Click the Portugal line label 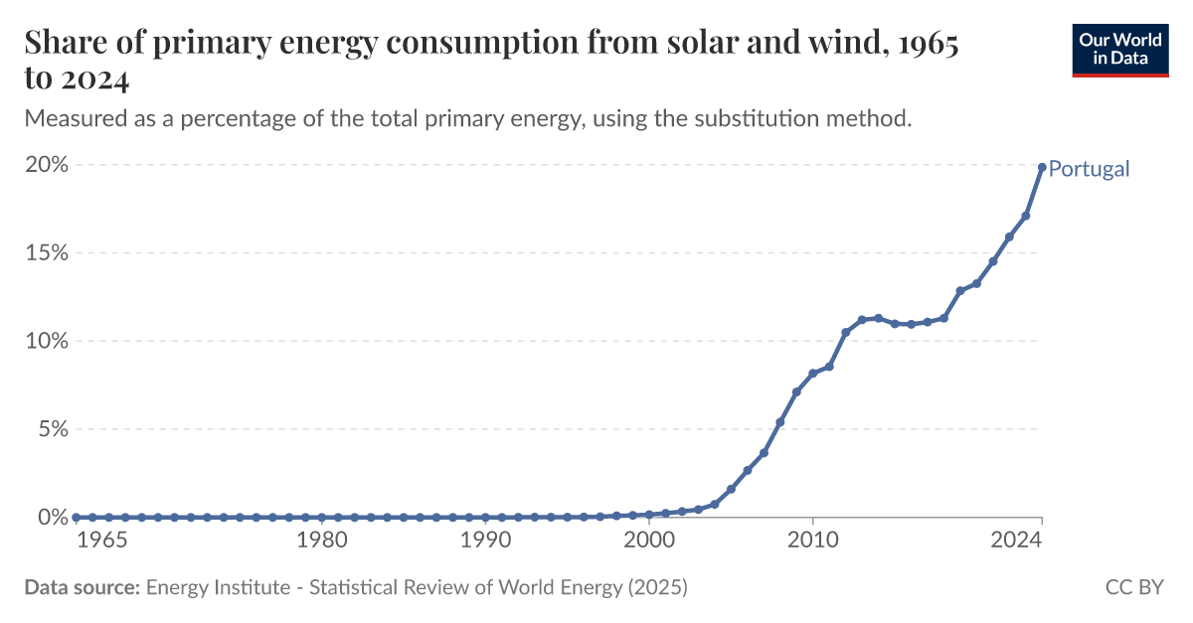tap(1089, 169)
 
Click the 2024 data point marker tap(1042, 167)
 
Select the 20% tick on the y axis tap(47, 165)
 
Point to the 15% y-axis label tap(47, 252)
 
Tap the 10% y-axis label tap(47, 341)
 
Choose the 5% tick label tap(52, 429)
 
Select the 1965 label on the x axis tap(101, 541)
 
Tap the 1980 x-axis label tap(321, 541)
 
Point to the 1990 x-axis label tap(484, 541)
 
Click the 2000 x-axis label tap(648, 541)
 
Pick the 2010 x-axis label tap(812, 541)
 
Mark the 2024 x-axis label tap(1016, 541)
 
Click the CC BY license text tap(1133, 587)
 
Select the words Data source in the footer tap(82, 587)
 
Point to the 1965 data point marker tap(76, 518)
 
